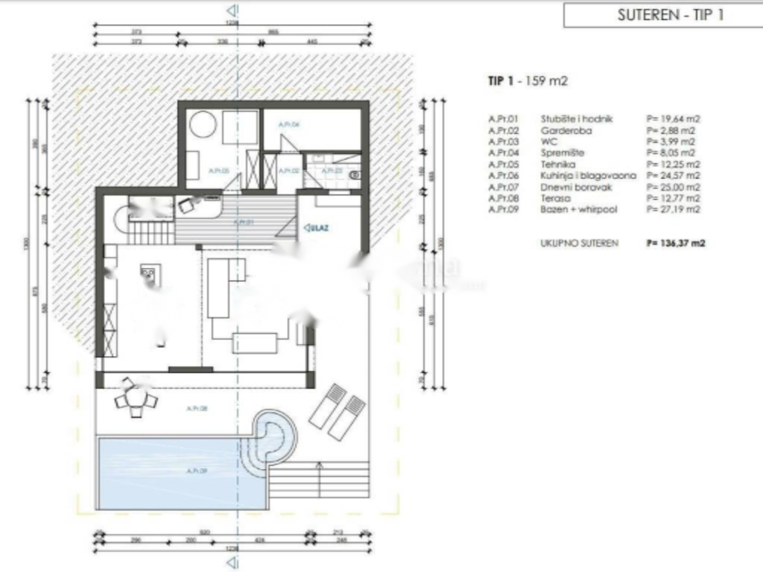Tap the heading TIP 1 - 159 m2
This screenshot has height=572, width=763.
pyautogui.click(x=522, y=81)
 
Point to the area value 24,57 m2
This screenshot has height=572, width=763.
pyautogui.click(x=674, y=176)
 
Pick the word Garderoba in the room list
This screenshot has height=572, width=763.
pyautogui.click(x=567, y=130)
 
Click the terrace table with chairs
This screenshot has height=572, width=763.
pyautogui.click(x=136, y=401)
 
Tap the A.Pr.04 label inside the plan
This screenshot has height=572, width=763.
pyautogui.click(x=288, y=124)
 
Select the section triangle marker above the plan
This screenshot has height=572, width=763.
pyautogui.click(x=232, y=10)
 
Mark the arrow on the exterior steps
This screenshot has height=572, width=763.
pyautogui.click(x=320, y=468)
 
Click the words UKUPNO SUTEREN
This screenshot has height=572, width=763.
pyautogui.click(x=579, y=243)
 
